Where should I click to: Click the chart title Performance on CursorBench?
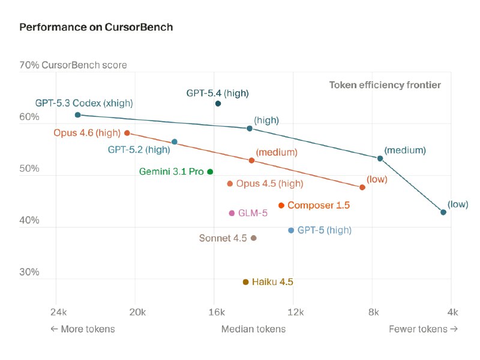[96, 27]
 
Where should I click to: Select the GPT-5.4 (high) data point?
[218, 104]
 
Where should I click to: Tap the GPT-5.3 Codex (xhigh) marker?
[77, 115]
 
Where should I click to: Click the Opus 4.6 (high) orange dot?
[127, 133]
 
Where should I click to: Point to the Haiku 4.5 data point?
[245, 282]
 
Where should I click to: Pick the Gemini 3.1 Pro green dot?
[210, 172]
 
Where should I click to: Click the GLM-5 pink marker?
[232, 213]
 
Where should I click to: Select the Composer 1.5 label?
[318, 205]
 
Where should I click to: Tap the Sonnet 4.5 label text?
[223, 238]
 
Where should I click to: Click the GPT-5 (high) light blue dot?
[291, 230]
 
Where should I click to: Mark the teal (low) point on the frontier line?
[443, 212]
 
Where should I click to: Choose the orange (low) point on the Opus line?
[362, 188]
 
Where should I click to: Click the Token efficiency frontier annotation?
[385, 85]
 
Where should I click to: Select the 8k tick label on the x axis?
[373, 312]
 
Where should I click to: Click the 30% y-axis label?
[29, 272]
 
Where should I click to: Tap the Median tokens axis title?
[253, 329]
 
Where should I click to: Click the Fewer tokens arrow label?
[423, 329]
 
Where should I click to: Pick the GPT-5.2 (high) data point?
[175, 142]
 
